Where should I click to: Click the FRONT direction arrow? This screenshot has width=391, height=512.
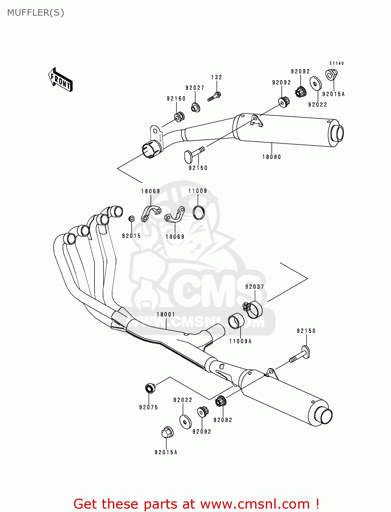[61, 80]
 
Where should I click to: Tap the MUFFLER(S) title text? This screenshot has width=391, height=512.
[35, 13]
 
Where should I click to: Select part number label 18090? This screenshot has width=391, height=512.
[272, 157]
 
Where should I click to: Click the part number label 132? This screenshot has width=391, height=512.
[217, 77]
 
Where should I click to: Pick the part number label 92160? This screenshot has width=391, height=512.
[176, 99]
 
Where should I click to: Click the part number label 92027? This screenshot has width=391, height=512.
[195, 88]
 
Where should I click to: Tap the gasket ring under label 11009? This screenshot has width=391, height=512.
[199, 212]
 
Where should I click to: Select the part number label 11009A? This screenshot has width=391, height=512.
[240, 341]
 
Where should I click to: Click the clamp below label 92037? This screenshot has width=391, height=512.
[254, 309]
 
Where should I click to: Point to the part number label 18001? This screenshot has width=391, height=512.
[166, 315]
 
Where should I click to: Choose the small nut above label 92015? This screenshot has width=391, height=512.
[131, 219]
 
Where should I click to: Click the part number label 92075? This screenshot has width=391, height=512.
[148, 407]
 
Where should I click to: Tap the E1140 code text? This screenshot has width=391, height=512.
[337, 63]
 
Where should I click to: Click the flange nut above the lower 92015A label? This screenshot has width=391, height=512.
[167, 432]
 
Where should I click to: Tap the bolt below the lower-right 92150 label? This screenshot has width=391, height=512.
[300, 355]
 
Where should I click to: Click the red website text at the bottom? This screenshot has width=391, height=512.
[196, 504]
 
